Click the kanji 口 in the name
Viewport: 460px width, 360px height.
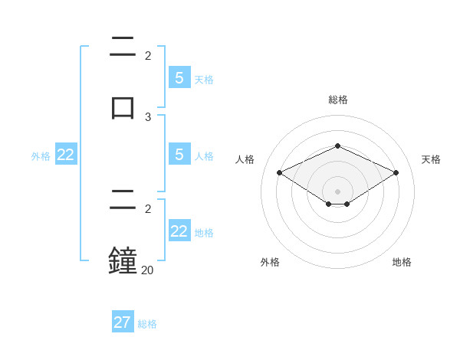click(123, 106)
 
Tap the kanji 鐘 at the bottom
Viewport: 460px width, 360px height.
click(123, 260)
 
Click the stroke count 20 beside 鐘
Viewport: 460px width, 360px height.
click(147, 270)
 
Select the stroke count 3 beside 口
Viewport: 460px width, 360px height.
click(148, 116)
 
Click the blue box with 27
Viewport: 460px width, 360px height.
click(123, 322)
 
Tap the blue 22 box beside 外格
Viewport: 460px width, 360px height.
click(66, 155)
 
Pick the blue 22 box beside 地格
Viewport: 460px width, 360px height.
click(179, 231)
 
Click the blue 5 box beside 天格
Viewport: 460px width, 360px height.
click(179, 78)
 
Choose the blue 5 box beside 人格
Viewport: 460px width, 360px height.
click(179, 155)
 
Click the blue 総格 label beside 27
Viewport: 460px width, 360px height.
click(147, 324)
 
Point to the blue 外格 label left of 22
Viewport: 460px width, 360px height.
click(41, 156)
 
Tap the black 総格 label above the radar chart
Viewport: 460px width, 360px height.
click(337, 100)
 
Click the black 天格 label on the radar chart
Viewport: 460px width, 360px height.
click(431, 159)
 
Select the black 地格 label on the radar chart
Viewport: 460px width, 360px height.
click(402, 262)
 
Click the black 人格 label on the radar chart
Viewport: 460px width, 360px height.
click(245, 159)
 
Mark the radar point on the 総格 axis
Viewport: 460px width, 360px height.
click(337, 146)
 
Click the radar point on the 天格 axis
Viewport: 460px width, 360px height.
click(396, 173)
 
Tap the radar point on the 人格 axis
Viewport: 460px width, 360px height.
click(279, 173)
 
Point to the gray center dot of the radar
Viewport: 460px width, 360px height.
click(337, 191)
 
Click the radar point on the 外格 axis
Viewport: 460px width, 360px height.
click(329, 204)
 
